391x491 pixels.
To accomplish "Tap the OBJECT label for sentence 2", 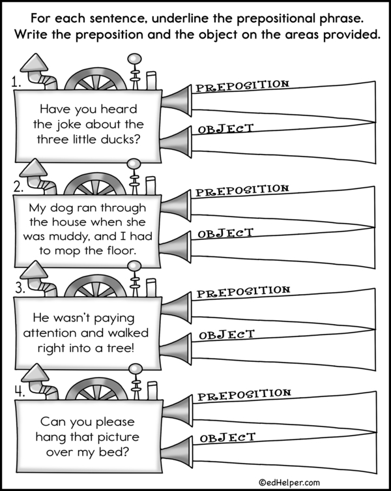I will [225, 233].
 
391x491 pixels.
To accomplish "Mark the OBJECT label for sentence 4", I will [226, 438].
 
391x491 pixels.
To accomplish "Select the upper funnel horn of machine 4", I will [174, 410].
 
